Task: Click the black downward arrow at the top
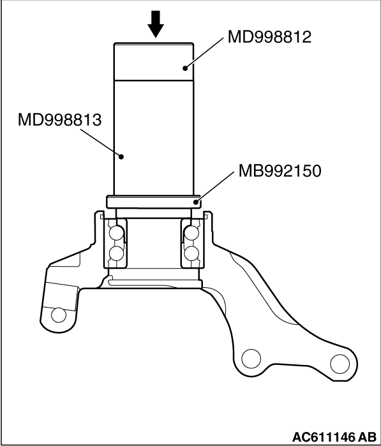(156, 24)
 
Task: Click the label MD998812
(269, 37)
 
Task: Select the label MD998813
(59, 120)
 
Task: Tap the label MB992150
(280, 170)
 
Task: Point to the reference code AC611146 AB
(334, 437)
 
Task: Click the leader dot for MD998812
(185, 68)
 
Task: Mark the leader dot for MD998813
(121, 156)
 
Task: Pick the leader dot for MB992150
(196, 202)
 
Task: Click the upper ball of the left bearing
(116, 233)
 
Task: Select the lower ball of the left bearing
(116, 253)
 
